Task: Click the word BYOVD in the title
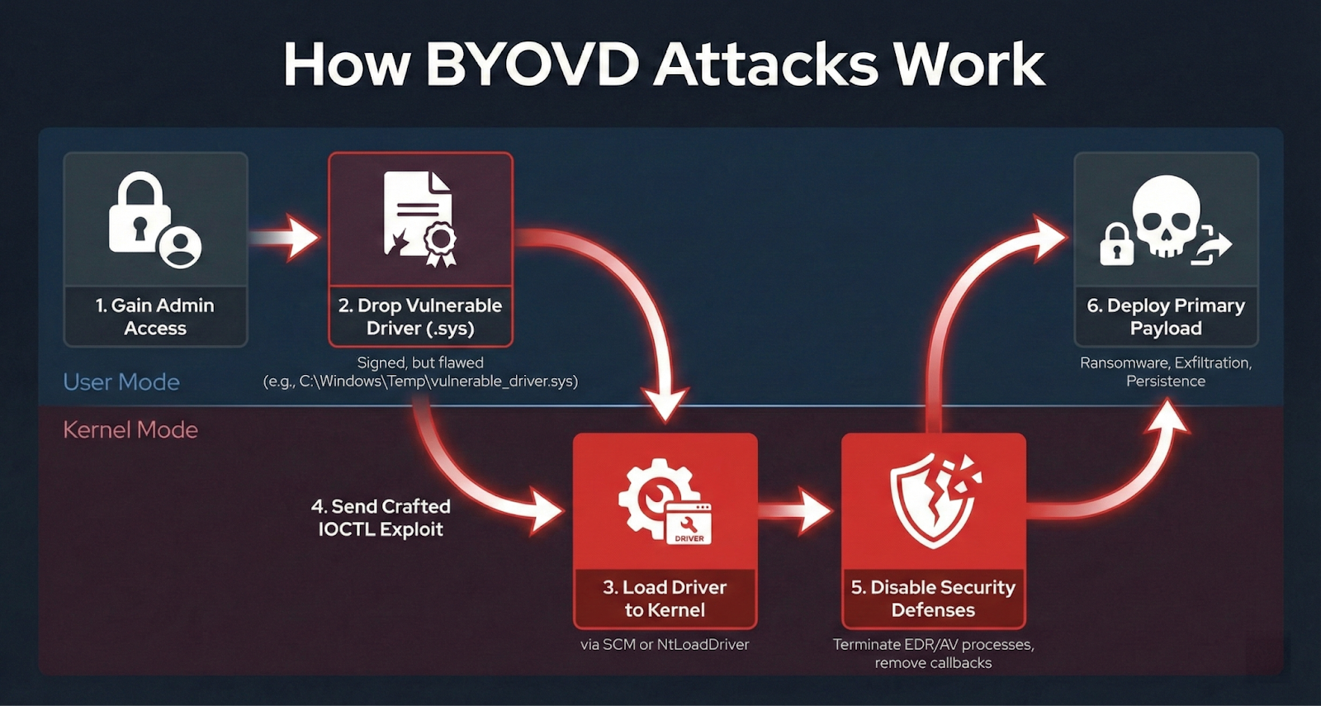point(533,64)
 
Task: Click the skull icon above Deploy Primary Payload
point(1166,215)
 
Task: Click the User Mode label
point(121,381)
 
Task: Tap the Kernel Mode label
point(130,429)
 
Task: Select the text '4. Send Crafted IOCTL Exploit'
point(381,518)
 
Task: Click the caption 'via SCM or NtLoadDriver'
point(665,644)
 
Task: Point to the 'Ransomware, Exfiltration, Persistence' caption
point(1166,372)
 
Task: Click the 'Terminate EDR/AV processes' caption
point(933,644)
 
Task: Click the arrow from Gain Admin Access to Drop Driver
point(285,239)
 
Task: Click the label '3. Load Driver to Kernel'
point(665,599)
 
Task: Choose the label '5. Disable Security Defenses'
point(933,599)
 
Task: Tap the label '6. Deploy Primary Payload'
point(1166,316)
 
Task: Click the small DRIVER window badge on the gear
point(689,524)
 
